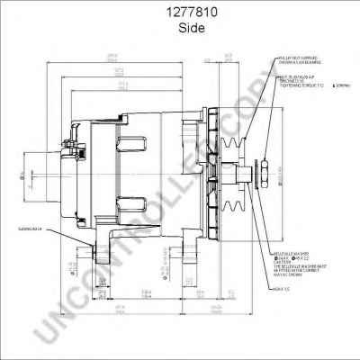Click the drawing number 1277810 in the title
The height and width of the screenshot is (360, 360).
point(179,13)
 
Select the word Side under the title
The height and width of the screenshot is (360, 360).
point(179,28)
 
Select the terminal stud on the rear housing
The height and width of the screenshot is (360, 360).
point(65,144)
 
